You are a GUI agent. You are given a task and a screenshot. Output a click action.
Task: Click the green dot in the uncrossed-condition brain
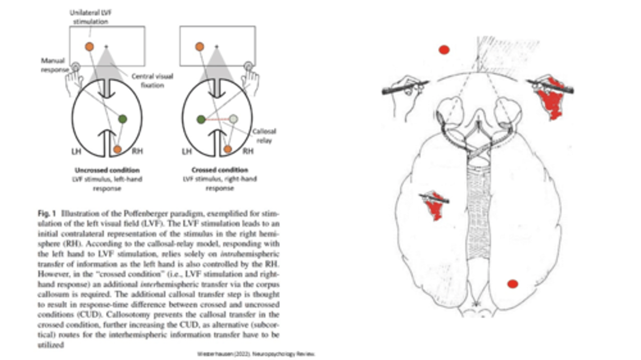coord(122,119)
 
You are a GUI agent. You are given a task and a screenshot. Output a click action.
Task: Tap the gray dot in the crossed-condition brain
coord(233,119)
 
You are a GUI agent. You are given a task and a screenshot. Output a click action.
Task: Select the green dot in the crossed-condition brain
coord(201,119)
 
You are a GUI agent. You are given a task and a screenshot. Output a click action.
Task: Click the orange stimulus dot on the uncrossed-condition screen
coord(89,46)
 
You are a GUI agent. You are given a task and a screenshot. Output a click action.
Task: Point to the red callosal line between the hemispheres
coord(217,119)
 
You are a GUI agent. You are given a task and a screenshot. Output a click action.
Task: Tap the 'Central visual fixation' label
coord(152,81)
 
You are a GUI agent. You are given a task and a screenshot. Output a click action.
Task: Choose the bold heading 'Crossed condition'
coord(219,170)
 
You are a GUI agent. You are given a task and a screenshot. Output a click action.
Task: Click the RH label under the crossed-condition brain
coord(248,152)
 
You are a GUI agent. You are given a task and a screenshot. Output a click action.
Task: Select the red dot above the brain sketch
coord(444,50)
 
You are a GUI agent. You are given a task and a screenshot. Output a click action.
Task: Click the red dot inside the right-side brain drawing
coord(512,284)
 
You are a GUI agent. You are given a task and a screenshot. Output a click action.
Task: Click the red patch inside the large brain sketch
coord(434,206)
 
